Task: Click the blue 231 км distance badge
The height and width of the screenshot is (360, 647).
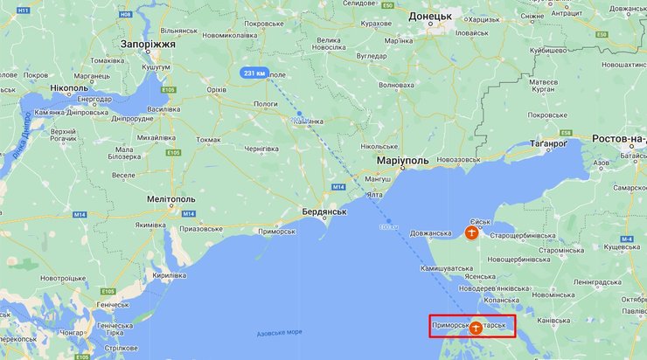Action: pyautogui.click(x=255, y=73)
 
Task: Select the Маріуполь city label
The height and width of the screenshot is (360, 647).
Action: pyautogui.click(x=403, y=162)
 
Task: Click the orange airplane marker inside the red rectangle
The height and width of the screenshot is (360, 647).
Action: pyautogui.click(x=475, y=328)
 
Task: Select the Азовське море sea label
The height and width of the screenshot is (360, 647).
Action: pyautogui.click(x=280, y=334)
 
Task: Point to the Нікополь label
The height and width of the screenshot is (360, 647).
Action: pyautogui.click(x=69, y=89)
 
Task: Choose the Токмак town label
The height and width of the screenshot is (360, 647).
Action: pyautogui.click(x=209, y=139)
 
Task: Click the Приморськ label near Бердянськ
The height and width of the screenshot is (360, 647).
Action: pyautogui.click(x=278, y=231)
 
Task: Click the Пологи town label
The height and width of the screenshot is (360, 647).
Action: pyautogui.click(x=265, y=103)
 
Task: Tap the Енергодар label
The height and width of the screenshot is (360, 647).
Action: pyautogui.click(x=94, y=99)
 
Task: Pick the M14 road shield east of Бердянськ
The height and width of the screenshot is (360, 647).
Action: pyautogui.click(x=337, y=188)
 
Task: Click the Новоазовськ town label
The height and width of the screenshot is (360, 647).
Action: pyautogui.click(x=463, y=159)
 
